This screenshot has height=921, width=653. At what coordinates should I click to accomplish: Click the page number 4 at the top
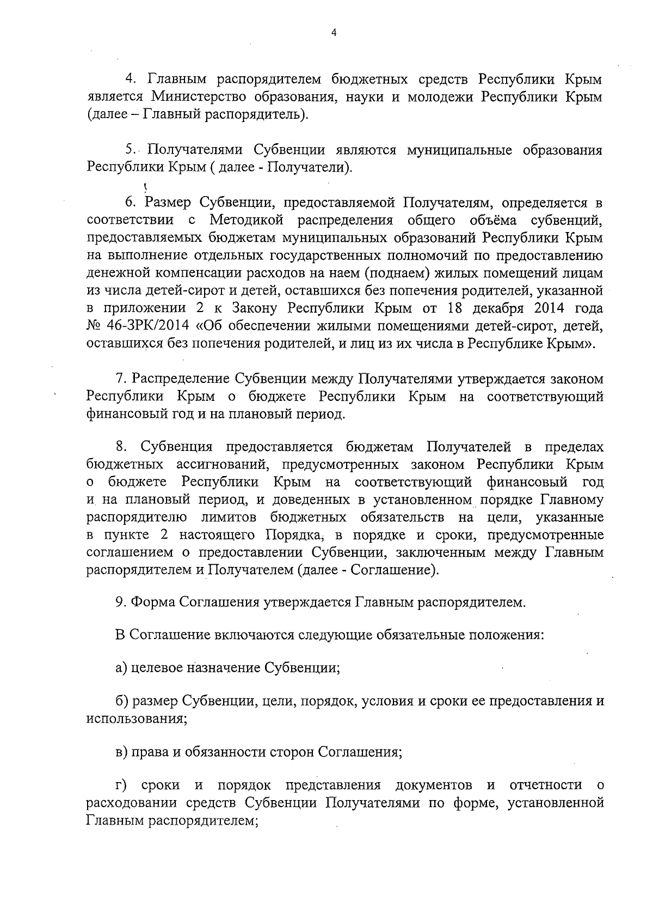pos(334,33)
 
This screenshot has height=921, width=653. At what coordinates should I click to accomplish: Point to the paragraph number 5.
pos(130,150)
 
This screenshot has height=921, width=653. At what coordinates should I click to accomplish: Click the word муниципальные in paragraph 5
pos(459,150)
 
